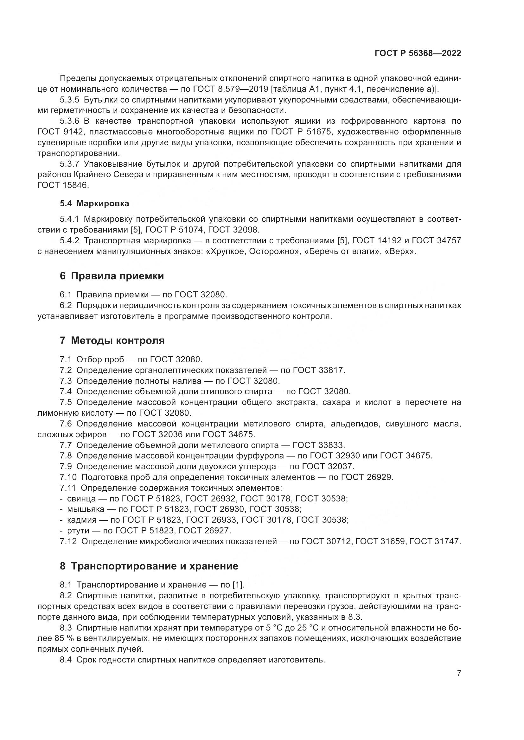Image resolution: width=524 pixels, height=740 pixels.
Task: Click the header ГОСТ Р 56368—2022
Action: coord(418,53)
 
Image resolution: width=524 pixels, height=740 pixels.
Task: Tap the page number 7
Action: coord(459,674)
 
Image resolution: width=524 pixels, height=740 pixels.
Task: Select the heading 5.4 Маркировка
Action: coord(94,203)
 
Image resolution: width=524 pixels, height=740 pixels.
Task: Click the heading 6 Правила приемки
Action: coord(112,276)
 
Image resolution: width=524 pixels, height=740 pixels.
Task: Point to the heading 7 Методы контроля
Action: coord(112,340)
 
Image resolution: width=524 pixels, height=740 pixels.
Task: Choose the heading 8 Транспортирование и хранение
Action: coord(149,566)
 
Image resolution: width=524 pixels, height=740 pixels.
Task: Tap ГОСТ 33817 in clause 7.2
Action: coord(318,370)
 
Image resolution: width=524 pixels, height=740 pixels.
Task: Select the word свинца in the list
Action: coord(81,499)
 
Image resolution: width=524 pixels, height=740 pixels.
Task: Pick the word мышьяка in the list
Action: coord(86,509)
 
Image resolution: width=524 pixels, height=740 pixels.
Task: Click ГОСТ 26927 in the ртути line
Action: coord(204,531)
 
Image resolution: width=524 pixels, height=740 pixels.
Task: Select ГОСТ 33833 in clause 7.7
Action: coord(318,445)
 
